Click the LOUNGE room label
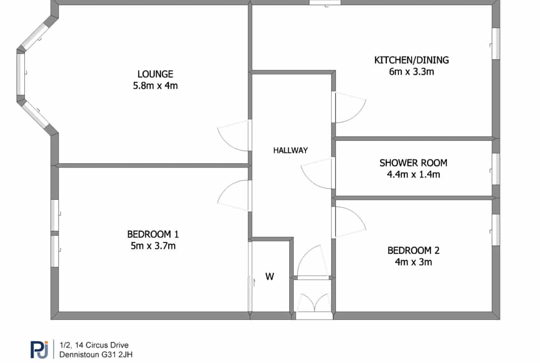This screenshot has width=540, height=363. pyautogui.click(x=155, y=74)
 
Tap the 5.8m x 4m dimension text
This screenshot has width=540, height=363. pyautogui.click(x=156, y=86)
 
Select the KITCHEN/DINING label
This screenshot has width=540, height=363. pyautogui.click(x=412, y=60)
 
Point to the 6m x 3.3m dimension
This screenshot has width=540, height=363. pyautogui.click(x=412, y=72)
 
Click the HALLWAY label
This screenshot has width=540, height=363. pyautogui.click(x=290, y=150)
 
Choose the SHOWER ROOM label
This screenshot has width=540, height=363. pyautogui.click(x=413, y=163)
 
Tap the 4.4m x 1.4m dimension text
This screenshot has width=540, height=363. pyautogui.click(x=413, y=175)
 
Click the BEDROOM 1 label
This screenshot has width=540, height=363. pyautogui.click(x=153, y=234)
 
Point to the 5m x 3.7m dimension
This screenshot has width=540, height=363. pyautogui.click(x=153, y=246)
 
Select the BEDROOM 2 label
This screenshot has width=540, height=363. pyautogui.click(x=413, y=251)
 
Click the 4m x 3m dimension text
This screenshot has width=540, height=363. pyautogui.click(x=413, y=262)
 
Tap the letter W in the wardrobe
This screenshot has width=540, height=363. pyautogui.click(x=270, y=277)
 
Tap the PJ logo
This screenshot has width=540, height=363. pyautogui.click(x=39, y=350)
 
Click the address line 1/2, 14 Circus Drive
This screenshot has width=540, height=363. pyautogui.click(x=94, y=345)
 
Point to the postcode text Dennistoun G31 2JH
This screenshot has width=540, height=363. pyautogui.click(x=96, y=355)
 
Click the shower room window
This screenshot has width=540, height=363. pyautogui.click(x=496, y=169)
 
